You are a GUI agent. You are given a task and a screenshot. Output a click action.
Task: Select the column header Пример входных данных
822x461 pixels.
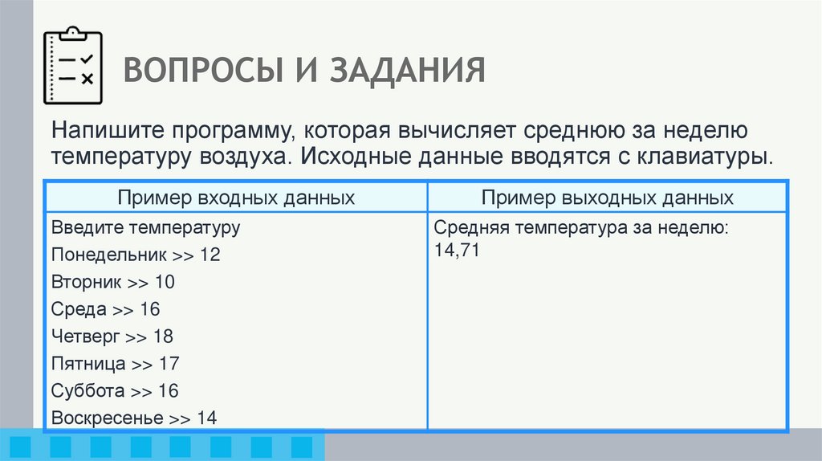click(x=237, y=198)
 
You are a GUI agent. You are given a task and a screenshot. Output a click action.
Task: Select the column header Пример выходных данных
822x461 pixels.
click(x=608, y=198)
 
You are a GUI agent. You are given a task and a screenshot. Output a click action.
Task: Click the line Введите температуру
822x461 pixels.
click(x=146, y=227)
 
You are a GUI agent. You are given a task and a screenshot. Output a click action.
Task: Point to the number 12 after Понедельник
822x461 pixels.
click(x=210, y=255)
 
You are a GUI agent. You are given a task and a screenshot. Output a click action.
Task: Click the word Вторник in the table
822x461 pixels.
click(x=87, y=282)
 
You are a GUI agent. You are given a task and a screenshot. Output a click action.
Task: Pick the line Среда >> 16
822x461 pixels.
click(x=106, y=309)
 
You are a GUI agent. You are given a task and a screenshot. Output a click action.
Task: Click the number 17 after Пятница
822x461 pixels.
click(x=169, y=364)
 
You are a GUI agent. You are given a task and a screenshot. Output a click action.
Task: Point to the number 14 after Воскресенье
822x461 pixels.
click(x=206, y=418)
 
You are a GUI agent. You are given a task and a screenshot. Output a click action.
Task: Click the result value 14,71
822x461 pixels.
click(x=457, y=251)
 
